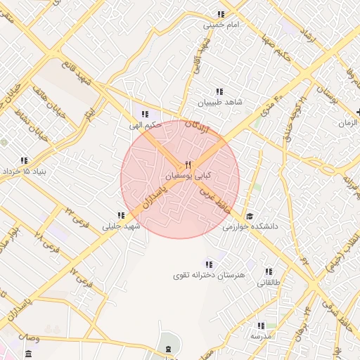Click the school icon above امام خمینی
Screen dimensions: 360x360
pyautogui.click(x=221, y=14)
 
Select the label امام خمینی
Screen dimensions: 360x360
pyautogui.click(x=222, y=25)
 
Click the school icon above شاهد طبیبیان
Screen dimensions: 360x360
pyautogui.click(x=219, y=91)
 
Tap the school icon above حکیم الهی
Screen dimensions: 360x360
pyautogui.click(x=145, y=114)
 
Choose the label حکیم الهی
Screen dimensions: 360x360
pyautogui.click(x=144, y=125)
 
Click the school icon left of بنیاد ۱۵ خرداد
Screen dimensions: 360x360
pyautogui.click(x=25, y=160)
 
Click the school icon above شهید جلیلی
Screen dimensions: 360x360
pyautogui.click(x=122, y=216)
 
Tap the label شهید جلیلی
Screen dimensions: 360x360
pyautogui.click(x=122, y=226)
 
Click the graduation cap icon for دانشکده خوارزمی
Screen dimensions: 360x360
pyautogui.click(x=250, y=217)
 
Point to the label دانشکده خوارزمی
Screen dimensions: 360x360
pyautogui.click(x=251, y=227)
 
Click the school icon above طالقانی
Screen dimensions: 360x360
pyautogui.click(x=268, y=271)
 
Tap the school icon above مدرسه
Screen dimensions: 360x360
pyautogui.click(x=261, y=326)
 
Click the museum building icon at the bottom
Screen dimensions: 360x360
pyautogui.click(x=168, y=349)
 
